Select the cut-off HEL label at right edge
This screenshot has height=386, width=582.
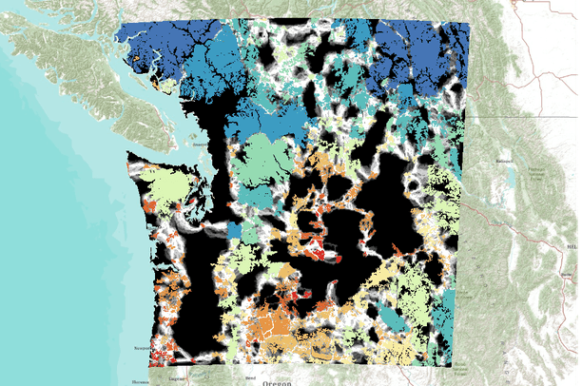click(573, 245)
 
